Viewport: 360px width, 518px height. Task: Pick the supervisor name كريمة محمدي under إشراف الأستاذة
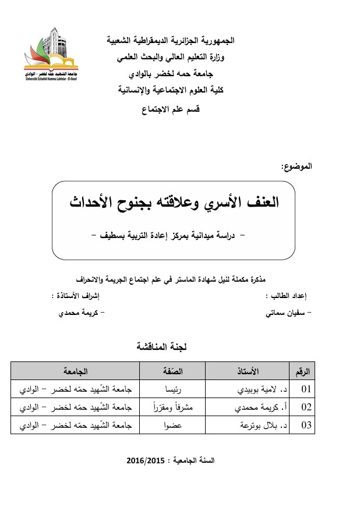coord(80,313)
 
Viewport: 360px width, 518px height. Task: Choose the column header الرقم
coord(303,371)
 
